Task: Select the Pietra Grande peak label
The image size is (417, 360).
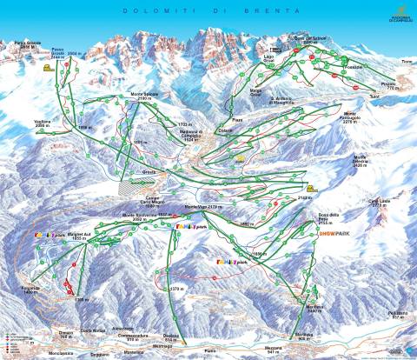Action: pos(28,43)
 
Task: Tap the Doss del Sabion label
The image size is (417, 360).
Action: pos(312,40)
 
